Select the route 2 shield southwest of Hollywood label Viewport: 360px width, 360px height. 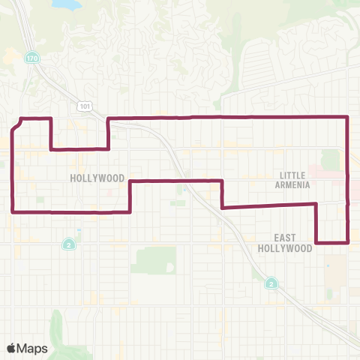pyautogui.click(x=68, y=244)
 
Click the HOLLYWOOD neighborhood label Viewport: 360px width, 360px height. pyautogui.click(x=97, y=178)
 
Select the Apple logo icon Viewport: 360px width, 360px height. pyautogui.click(x=12, y=348)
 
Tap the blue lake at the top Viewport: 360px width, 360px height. pyautogui.click(x=66, y=4)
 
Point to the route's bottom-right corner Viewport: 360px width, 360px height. pyautogui.click(x=348, y=242)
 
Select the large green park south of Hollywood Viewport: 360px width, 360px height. pyautogui.click(x=154, y=260)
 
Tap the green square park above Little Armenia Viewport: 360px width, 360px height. pyautogui.click(x=330, y=160)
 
